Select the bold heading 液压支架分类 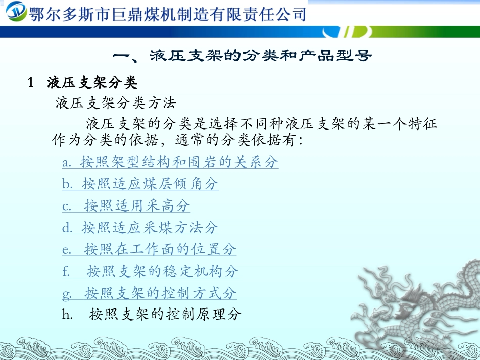tap(92, 82)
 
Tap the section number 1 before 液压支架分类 tap(30, 82)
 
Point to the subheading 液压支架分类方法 tap(116, 104)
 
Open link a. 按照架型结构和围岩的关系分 tap(170, 162)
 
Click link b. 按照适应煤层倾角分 tap(140, 184)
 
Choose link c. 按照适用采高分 tap(126, 205)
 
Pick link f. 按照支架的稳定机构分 tap(151, 271)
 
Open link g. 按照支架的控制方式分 tap(149, 293)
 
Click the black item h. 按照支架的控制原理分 tap(152, 315)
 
